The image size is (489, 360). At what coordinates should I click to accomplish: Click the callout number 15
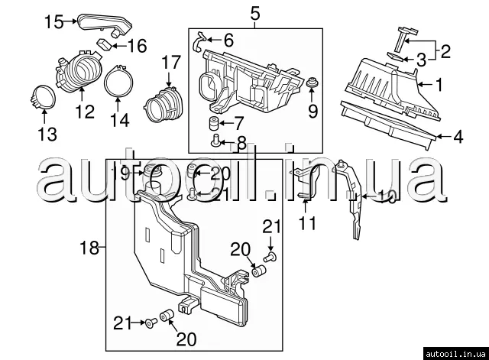(x=54, y=21)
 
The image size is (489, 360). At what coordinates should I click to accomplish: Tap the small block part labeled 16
(x=105, y=44)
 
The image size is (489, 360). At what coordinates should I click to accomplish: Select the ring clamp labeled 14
(x=118, y=81)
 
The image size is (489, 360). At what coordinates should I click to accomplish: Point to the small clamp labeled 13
(x=44, y=97)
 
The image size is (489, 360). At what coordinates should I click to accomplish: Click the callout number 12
(x=85, y=112)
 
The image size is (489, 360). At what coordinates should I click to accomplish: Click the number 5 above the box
(x=254, y=14)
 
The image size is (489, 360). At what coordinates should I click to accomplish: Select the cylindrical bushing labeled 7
(x=214, y=124)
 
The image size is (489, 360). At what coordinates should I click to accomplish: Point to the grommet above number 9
(x=312, y=83)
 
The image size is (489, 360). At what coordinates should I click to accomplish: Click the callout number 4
(x=458, y=137)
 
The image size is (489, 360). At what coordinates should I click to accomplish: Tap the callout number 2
(x=445, y=51)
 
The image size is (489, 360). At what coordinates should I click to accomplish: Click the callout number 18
(x=89, y=248)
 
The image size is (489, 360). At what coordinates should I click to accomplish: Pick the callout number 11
(x=307, y=223)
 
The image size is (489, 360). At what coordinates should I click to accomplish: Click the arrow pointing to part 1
(x=425, y=84)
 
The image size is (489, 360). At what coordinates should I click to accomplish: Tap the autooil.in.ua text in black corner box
(x=456, y=354)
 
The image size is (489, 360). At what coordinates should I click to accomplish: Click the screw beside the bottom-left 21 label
(x=150, y=323)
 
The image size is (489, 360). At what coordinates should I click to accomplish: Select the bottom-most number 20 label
(x=186, y=339)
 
